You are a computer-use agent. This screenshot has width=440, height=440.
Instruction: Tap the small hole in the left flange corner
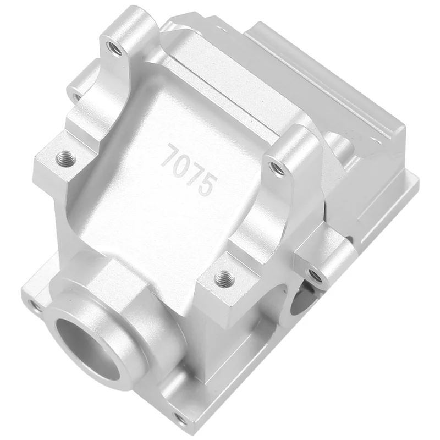[35, 304]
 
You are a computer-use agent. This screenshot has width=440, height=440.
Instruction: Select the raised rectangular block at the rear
[324, 94]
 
